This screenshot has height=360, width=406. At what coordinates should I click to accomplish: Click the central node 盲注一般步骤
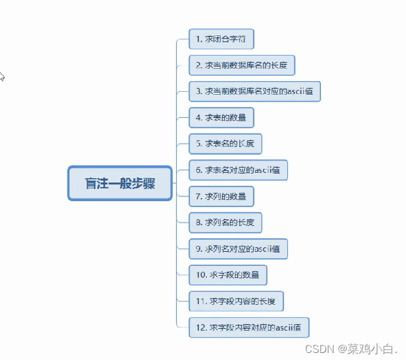pos(120,183)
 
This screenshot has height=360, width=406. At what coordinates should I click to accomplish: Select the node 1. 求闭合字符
pos(221,39)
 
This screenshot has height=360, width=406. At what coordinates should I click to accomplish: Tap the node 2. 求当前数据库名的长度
pos(241,65)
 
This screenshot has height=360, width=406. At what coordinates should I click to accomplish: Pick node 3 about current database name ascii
pos(254,91)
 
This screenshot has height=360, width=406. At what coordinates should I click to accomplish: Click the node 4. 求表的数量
pos(221,118)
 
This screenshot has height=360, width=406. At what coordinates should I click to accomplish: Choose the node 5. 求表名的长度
pos(225,144)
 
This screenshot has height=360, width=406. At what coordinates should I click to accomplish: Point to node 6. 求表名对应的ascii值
pos(238,170)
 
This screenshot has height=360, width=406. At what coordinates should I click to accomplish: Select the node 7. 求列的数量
pos(221,196)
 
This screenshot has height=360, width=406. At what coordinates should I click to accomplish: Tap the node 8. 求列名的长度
pos(225,222)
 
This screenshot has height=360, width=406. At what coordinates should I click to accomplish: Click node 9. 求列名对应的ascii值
pos(238,248)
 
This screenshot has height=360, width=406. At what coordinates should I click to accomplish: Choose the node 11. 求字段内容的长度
pos(240,301)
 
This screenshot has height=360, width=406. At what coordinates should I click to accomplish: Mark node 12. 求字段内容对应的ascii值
pos(249,327)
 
